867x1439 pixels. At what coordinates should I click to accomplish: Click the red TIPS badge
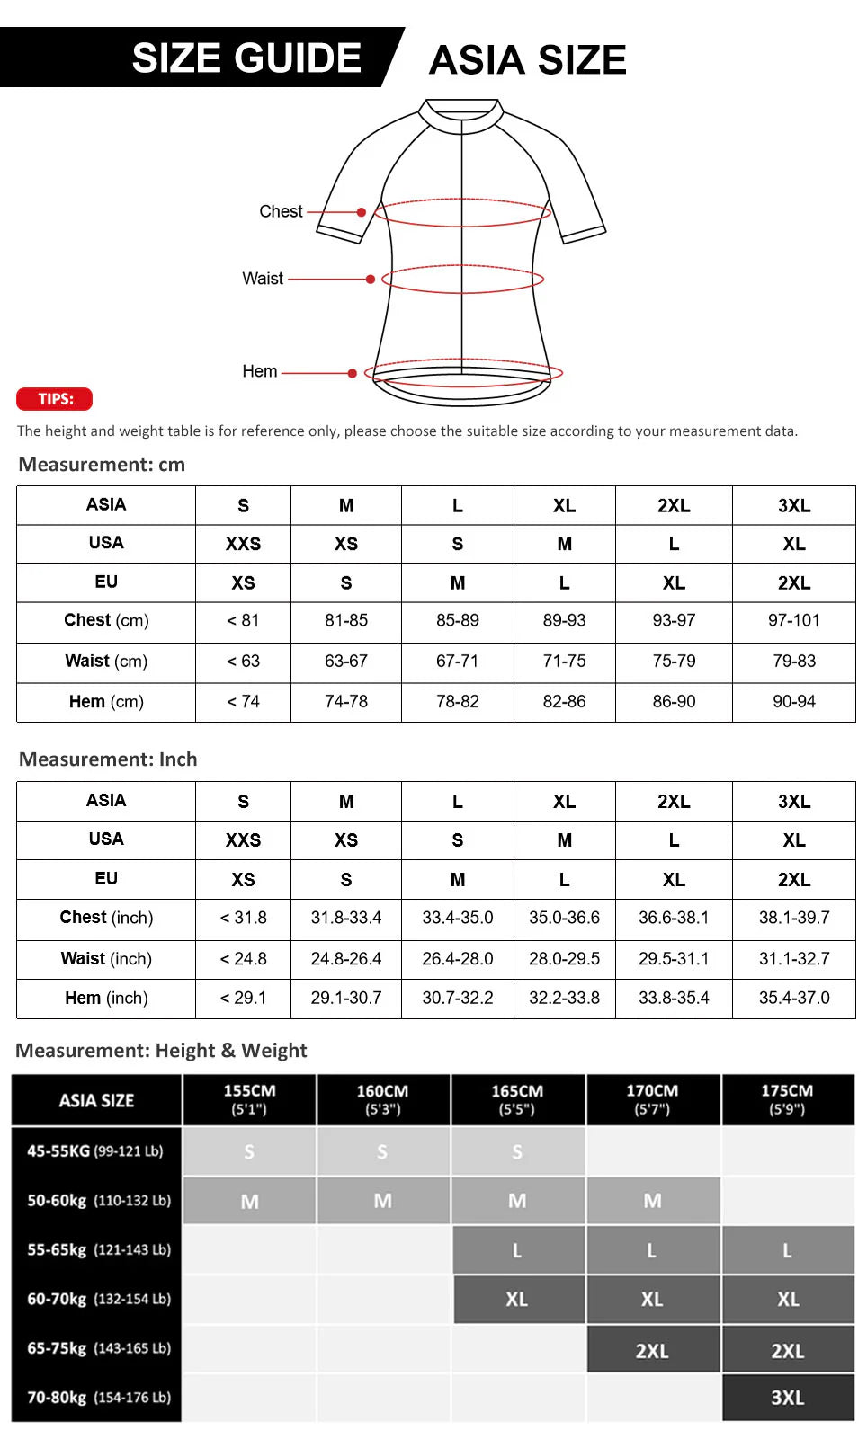pos(54,399)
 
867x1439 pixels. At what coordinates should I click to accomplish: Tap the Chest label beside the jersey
pos(281,212)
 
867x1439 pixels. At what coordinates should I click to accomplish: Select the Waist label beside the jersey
pos(263,279)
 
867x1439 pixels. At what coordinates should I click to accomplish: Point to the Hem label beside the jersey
pos(260,371)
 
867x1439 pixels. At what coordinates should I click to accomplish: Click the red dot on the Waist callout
pos(370,280)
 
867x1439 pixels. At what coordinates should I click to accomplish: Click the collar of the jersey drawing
pos(462,116)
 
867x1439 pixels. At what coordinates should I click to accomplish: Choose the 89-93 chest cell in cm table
pos(564,621)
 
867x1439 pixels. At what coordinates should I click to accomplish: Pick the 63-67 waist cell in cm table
pos(346,662)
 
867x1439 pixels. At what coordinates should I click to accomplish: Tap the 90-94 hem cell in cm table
pos(793,702)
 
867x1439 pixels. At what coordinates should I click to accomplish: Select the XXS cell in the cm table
pos(243,544)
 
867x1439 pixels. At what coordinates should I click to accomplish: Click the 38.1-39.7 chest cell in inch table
pos(793,918)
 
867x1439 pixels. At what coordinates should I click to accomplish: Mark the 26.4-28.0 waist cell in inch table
pos(457,959)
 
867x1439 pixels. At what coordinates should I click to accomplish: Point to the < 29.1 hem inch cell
pos(243,999)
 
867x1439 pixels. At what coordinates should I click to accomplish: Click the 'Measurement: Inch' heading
pos(108,759)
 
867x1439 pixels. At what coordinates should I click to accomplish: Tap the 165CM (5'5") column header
pos(517,1099)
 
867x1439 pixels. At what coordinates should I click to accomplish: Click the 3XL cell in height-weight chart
pos(788,1398)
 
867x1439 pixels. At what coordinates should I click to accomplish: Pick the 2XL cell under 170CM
pos(653,1351)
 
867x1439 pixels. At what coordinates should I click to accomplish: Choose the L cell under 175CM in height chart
pos(788,1250)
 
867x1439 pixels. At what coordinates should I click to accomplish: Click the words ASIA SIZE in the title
pos(527,60)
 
